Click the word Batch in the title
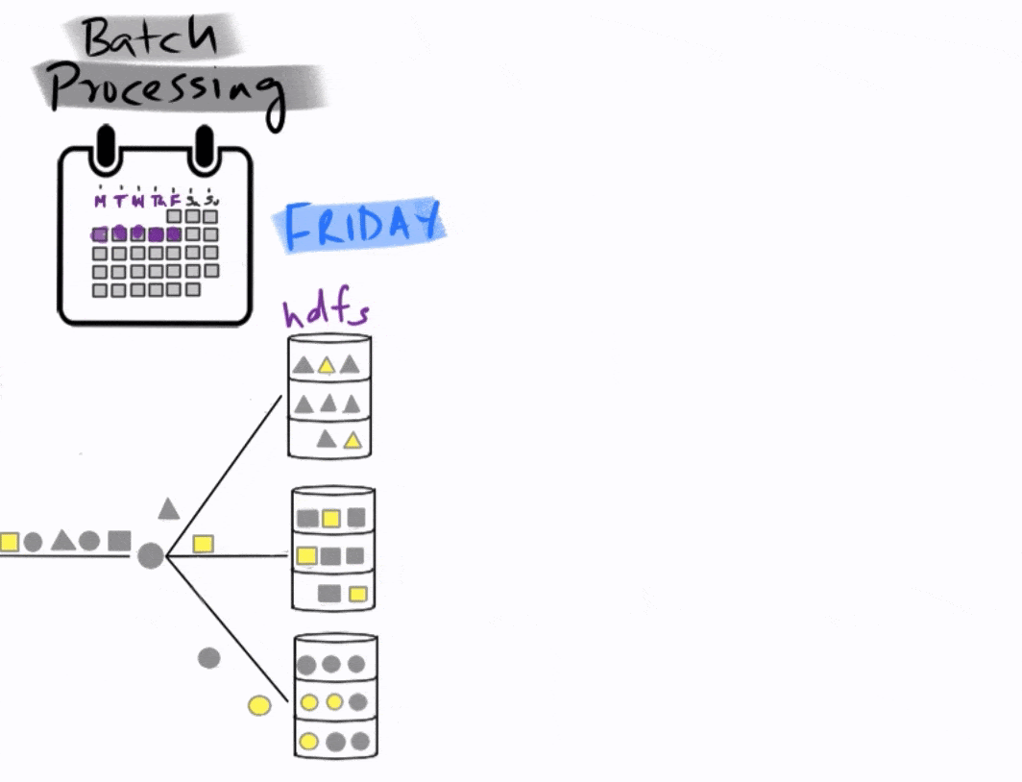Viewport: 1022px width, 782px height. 149,38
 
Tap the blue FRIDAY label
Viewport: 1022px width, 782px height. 361,227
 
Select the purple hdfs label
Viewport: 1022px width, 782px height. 326,312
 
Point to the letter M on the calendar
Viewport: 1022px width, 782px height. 101,202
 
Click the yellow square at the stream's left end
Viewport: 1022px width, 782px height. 9,542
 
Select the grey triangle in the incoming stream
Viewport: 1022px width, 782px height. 62,541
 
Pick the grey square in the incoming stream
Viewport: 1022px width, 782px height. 119,541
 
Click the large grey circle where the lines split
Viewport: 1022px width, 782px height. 150,555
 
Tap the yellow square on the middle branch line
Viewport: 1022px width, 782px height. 203,544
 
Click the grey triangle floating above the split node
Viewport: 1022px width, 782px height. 169,509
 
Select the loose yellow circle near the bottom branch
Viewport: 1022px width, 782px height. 258,706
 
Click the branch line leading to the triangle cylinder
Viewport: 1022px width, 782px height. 226,475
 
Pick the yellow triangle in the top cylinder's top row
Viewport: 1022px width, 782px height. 327,365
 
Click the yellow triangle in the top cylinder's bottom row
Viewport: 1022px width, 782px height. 353,440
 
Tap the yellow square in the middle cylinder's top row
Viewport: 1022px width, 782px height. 331,519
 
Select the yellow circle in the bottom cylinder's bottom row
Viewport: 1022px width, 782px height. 309,742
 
